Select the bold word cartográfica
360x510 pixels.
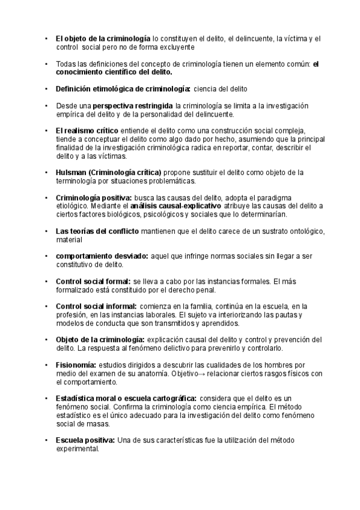(x=172, y=399)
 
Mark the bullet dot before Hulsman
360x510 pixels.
(x=46, y=172)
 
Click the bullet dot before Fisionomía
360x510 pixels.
(x=46, y=365)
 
